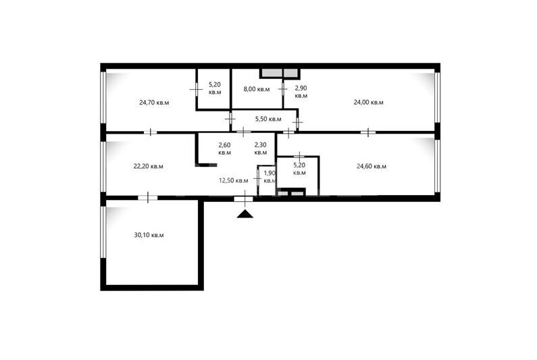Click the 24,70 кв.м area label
154,103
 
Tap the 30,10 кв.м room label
149,235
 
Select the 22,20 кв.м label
149,166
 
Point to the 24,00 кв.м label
369,103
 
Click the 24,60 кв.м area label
372,166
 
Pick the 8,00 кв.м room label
257,89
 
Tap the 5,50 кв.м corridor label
268,119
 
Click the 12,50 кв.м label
234,180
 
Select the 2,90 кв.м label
301,92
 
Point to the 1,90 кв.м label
270,177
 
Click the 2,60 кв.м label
225,149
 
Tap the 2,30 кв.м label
261,149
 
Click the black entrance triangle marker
245,214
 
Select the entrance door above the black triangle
244,199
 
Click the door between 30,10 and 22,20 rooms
148,198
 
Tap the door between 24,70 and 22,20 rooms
150,132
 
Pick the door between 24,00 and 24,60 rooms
368,132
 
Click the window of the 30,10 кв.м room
103,232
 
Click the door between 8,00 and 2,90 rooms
283,89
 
